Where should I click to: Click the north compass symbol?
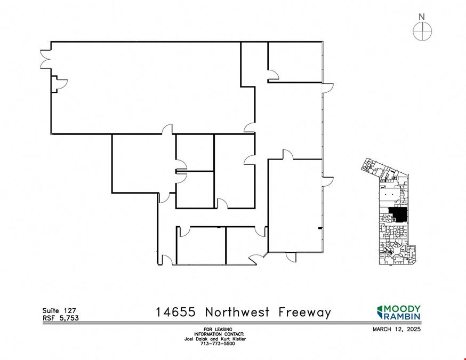pos(422,31)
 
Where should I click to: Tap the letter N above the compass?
pos(422,17)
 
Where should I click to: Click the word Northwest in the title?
pos(237,313)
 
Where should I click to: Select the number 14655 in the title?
pos(176,313)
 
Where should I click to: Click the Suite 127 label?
pos(59,310)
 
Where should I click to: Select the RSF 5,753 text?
pos(61,318)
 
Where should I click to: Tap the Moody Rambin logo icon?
pos(380,312)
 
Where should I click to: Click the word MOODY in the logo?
pos(403,309)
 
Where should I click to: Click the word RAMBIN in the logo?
pos(403,316)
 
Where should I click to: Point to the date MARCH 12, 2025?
pos(397,329)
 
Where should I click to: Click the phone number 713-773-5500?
pos(218,343)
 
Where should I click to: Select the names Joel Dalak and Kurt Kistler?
pos(215,339)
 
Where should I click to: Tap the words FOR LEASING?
pos(218,330)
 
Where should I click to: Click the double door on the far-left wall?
pos(45,59)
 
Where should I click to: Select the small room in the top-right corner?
pos(295,62)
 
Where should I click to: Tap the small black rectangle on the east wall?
pos(320,228)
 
